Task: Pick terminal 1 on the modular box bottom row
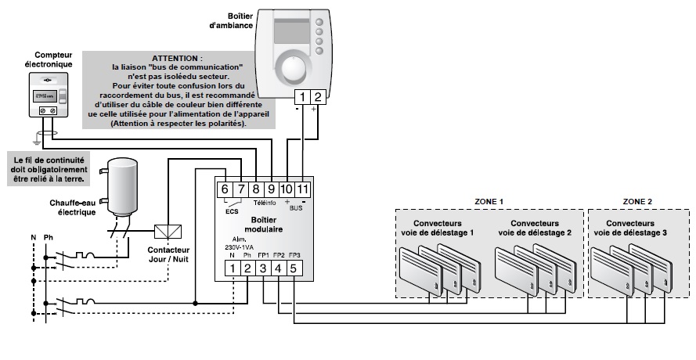click(233, 268)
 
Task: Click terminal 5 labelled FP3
click(293, 268)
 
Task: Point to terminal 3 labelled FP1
click(263, 268)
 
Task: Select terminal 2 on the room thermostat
click(317, 97)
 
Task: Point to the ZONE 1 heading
click(488, 202)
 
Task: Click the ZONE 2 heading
click(638, 202)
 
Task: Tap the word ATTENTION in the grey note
click(177, 59)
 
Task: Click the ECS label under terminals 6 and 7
click(232, 210)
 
